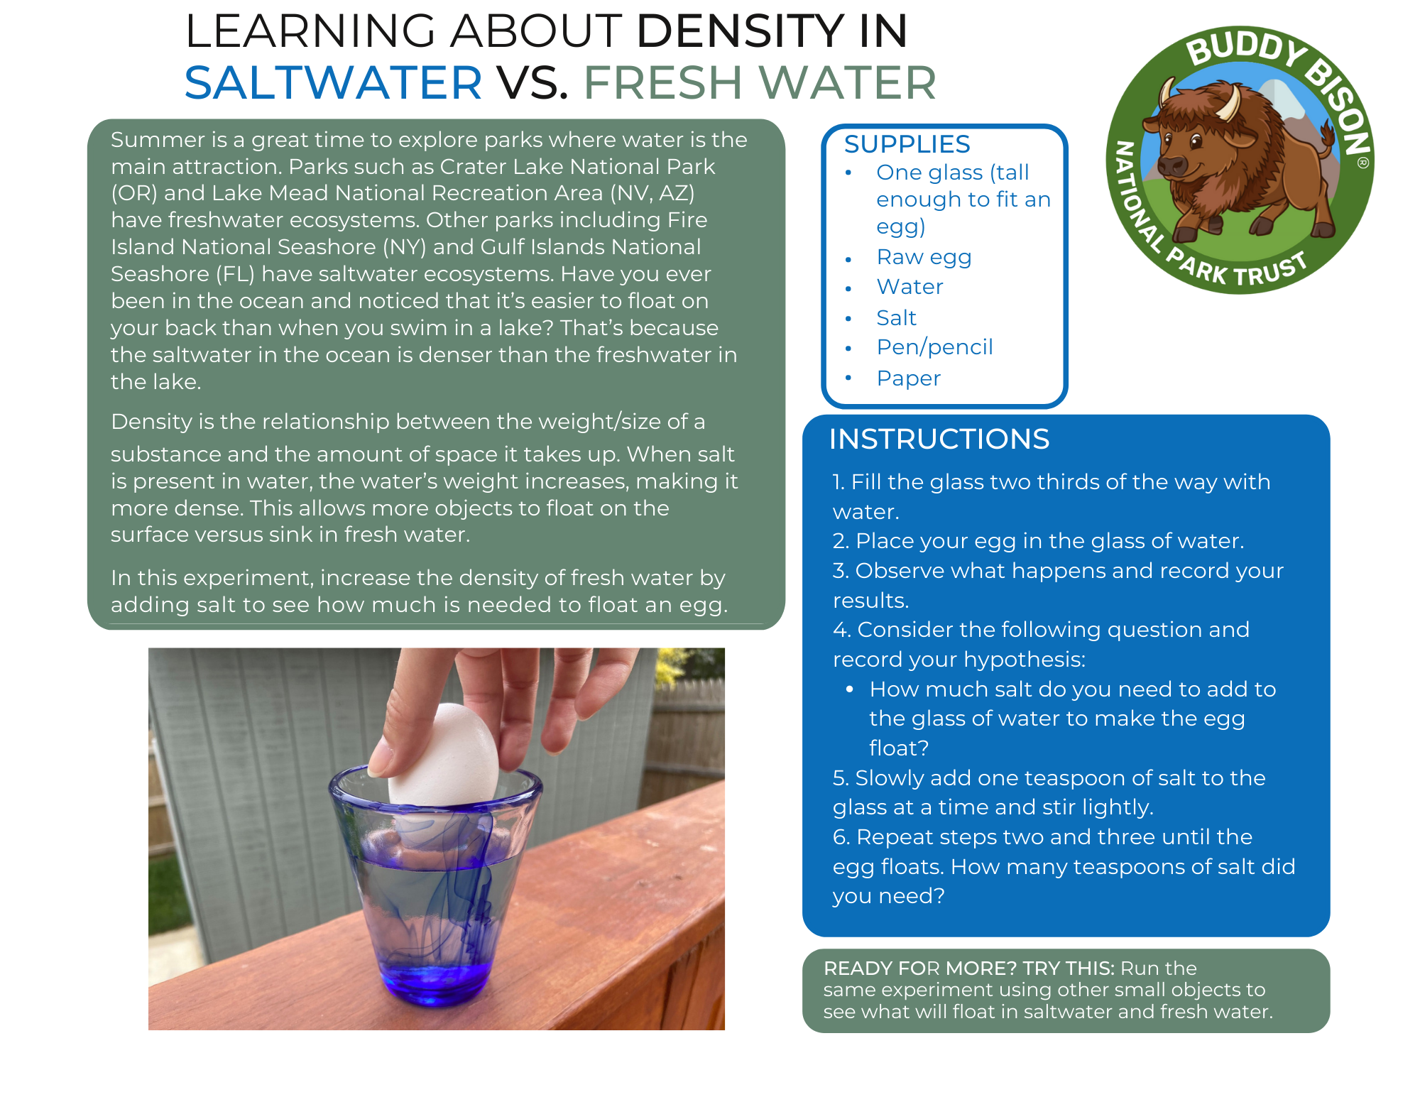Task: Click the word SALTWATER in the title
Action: tap(334, 82)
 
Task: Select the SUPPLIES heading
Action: tap(907, 144)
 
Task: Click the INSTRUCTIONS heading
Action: tap(939, 439)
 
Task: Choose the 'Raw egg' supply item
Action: tap(924, 257)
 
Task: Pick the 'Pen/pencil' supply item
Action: tap(934, 347)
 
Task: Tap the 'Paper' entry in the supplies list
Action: tap(909, 378)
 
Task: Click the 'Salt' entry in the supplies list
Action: tap(897, 317)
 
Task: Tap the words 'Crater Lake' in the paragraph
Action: tap(501, 166)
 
